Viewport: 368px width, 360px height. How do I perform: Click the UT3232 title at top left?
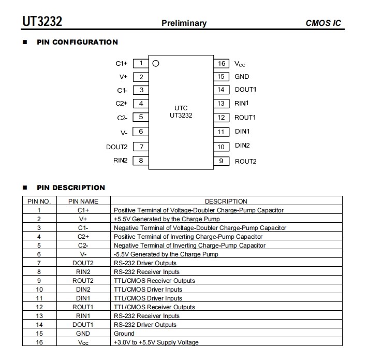(x=42, y=21)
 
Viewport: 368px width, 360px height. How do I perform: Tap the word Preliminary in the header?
(x=184, y=23)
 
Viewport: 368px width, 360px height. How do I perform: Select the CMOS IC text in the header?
(x=323, y=23)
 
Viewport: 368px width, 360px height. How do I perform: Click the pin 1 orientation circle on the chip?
(x=156, y=63)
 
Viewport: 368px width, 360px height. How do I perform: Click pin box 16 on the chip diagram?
(x=222, y=63)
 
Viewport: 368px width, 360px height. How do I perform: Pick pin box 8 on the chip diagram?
(x=141, y=161)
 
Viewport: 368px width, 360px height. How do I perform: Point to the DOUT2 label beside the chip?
(x=116, y=147)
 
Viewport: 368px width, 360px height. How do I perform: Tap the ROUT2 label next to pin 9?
(x=245, y=161)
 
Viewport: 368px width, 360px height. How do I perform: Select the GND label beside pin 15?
(x=242, y=77)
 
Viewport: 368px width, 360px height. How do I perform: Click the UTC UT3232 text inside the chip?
(x=181, y=112)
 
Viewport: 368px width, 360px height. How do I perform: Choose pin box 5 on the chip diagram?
(x=141, y=117)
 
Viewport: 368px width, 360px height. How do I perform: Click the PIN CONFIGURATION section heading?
(x=77, y=42)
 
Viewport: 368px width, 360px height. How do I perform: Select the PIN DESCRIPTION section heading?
(x=71, y=188)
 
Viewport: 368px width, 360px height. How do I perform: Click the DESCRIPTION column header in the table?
(x=226, y=201)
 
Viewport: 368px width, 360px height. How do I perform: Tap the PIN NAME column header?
(x=83, y=201)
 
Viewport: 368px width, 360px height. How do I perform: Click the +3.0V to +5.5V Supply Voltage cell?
(x=156, y=342)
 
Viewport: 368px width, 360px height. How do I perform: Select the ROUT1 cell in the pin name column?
(x=83, y=307)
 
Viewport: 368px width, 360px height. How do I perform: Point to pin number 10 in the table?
(x=39, y=290)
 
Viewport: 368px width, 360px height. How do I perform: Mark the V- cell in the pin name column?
(x=83, y=254)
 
